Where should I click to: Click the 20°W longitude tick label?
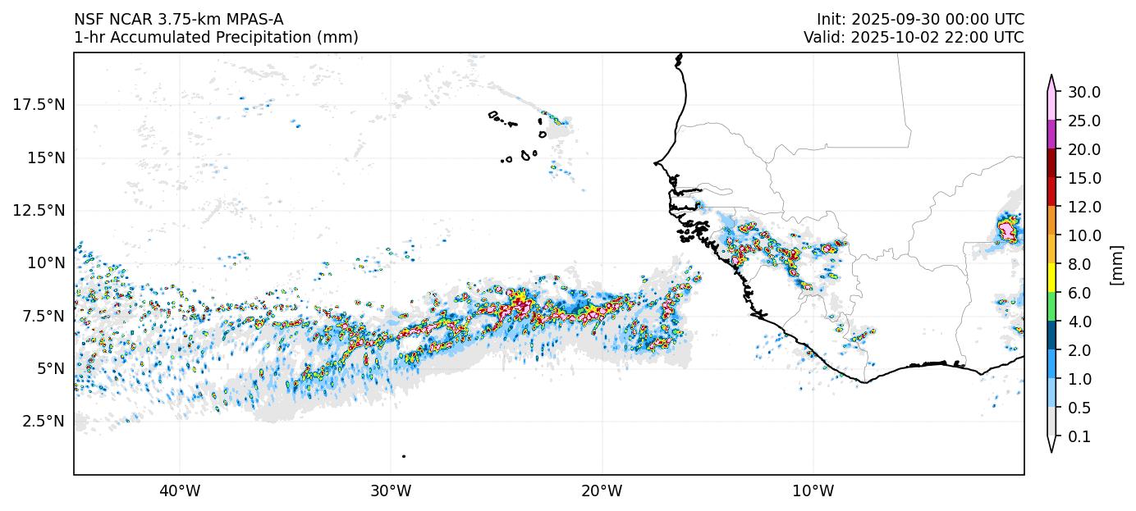point(602,491)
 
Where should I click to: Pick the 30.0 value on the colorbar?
point(1083,92)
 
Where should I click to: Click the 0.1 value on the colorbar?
point(1080,437)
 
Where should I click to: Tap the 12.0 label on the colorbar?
point(1083,207)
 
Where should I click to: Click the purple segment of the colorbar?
point(1051,135)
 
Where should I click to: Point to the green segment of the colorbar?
point(1051,307)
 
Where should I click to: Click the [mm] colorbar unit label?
point(1116,265)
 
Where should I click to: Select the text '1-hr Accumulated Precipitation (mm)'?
point(216,38)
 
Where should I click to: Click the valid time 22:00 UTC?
point(978,38)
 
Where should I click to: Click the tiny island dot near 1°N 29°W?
point(404,456)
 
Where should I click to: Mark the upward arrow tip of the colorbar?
point(1051,76)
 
